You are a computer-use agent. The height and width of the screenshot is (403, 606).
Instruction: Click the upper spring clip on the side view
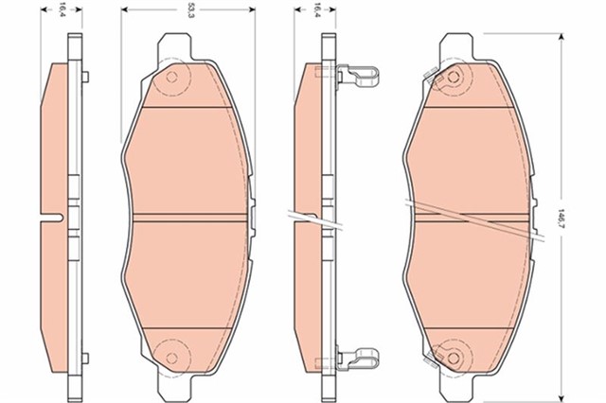[x=359, y=74]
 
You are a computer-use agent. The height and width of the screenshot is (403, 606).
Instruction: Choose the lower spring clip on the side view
[x=359, y=359]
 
